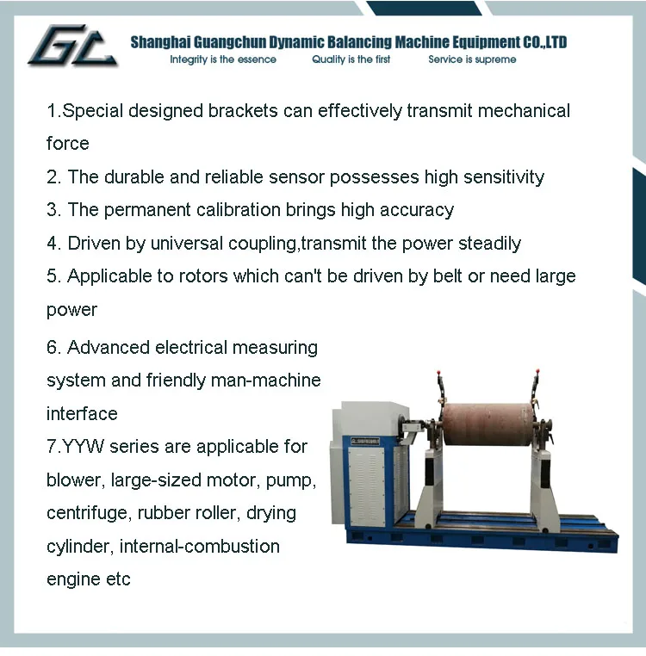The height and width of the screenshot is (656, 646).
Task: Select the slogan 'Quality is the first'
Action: tap(351, 59)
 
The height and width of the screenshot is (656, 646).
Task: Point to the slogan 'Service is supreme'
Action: tap(472, 59)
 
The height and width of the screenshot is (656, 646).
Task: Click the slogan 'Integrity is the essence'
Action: tap(223, 59)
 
